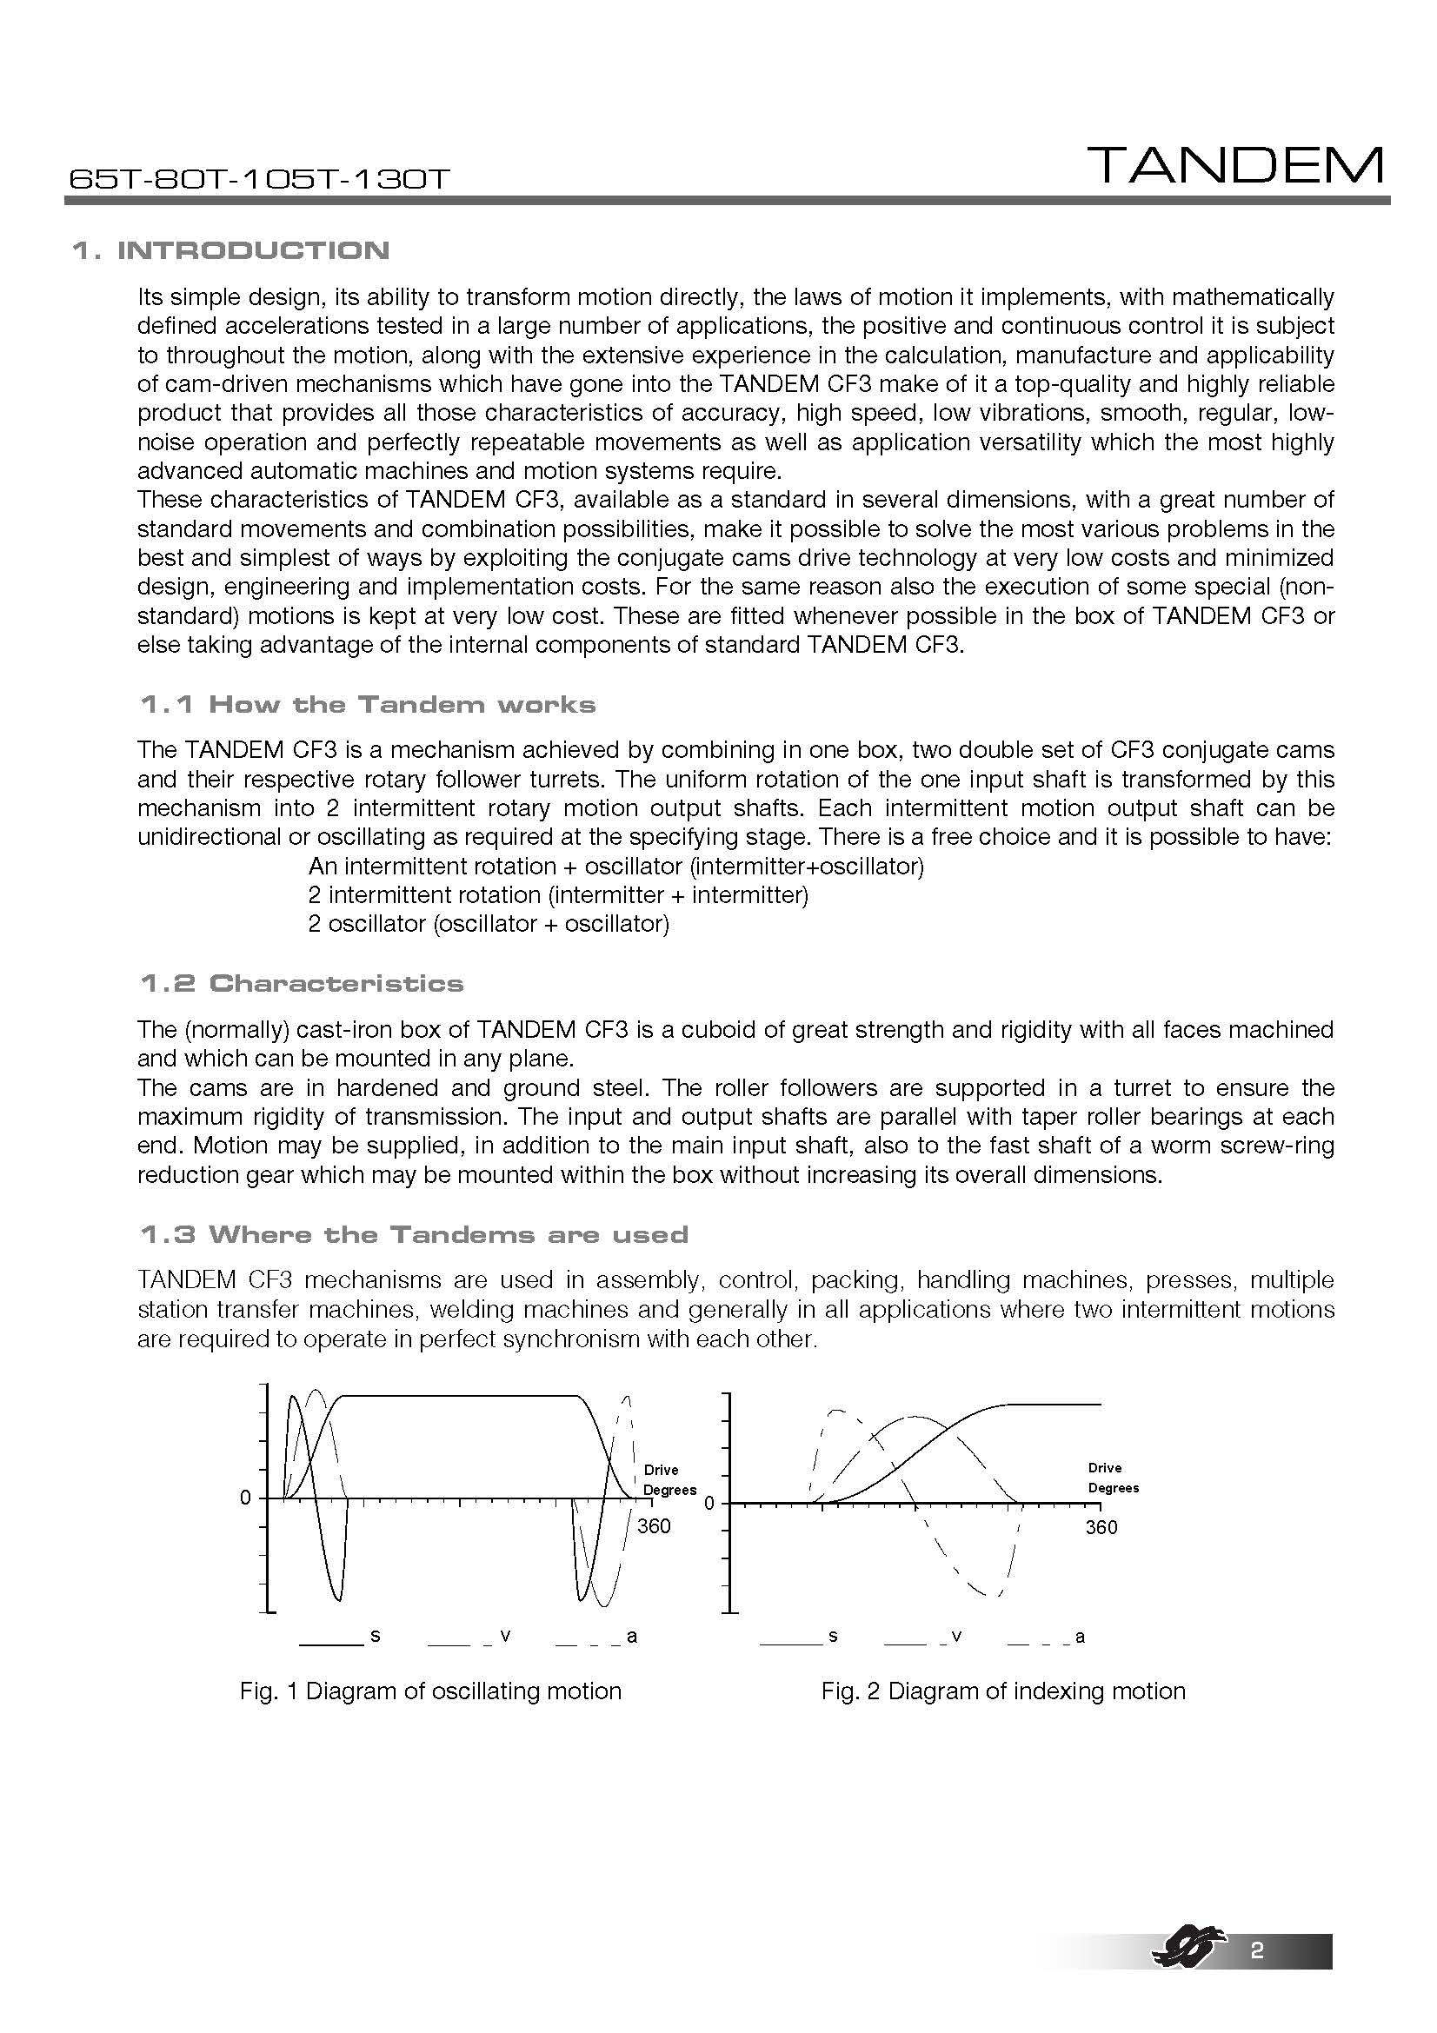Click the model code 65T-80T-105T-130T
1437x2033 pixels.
click(259, 180)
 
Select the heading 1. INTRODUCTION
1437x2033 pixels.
click(230, 250)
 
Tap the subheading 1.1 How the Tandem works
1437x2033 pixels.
click(368, 705)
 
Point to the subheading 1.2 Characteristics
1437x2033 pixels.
click(301, 984)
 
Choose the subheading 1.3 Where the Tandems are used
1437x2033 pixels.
click(414, 1235)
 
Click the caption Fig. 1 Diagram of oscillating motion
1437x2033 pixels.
click(430, 1692)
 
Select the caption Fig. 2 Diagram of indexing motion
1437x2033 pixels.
click(1003, 1692)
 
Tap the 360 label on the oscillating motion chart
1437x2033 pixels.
click(655, 1526)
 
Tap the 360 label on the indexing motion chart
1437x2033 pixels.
click(1101, 1527)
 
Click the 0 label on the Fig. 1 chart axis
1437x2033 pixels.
click(245, 1498)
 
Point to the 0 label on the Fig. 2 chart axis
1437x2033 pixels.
click(709, 1504)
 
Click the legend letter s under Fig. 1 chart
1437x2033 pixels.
click(376, 1636)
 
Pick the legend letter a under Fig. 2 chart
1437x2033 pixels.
click(1081, 1637)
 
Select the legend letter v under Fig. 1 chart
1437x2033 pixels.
click(505, 1636)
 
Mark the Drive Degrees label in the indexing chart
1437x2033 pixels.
click(1113, 1478)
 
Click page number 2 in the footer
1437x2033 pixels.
click(1256, 1976)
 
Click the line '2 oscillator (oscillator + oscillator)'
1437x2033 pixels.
click(489, 925)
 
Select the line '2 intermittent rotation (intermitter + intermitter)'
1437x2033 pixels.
click(558, 895)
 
